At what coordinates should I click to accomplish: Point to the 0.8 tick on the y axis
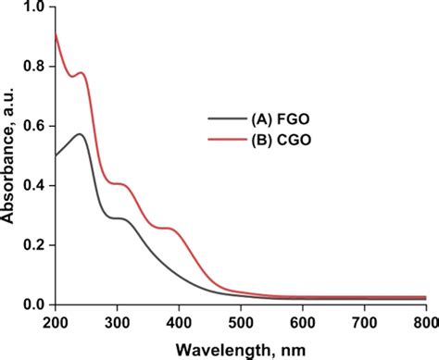coord(34,67)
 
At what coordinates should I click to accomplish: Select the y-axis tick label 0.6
coord(34,126)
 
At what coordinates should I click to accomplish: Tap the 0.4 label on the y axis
coord(34,185)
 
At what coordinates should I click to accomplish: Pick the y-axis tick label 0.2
coord(34,244)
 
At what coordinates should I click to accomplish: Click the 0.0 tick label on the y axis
coord(34,304)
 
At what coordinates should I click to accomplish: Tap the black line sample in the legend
coord(221,118)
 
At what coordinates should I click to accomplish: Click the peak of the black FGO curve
coord(81,134)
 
